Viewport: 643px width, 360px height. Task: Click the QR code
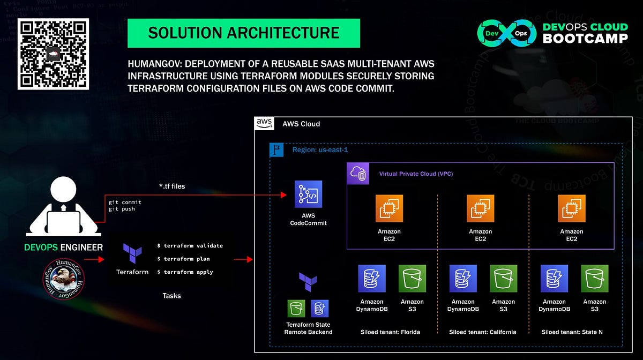(54, 54)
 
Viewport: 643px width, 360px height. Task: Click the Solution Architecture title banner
(243, 33)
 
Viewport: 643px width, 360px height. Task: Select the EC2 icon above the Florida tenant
(389, 208)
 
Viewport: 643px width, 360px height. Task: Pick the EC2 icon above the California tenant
(480, 208)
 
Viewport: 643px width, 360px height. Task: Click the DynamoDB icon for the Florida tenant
(372, 279)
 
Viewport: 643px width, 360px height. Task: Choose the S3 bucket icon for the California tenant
(504, 279)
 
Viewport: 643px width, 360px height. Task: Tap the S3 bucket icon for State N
(595, 279)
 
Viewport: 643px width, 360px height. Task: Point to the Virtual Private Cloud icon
(357, 174)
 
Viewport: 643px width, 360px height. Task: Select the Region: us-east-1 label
(319, 150)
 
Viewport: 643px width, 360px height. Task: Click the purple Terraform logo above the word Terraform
(132, 253)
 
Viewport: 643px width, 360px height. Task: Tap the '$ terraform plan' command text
(183, 259)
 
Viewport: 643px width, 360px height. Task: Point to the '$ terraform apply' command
(185, 272)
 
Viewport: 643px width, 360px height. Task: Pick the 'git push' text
(122, 209)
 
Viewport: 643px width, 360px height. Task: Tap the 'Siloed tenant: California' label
(482, 332)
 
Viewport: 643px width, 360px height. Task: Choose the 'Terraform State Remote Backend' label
(308, 328)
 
